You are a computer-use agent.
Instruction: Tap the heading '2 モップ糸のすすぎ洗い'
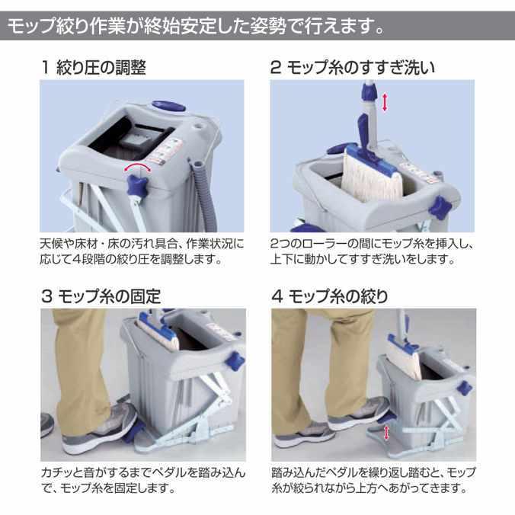pos(353,67)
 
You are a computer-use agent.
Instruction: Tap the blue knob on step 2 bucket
pos(441,206)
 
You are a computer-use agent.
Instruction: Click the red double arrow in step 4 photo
pos(388,433)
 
